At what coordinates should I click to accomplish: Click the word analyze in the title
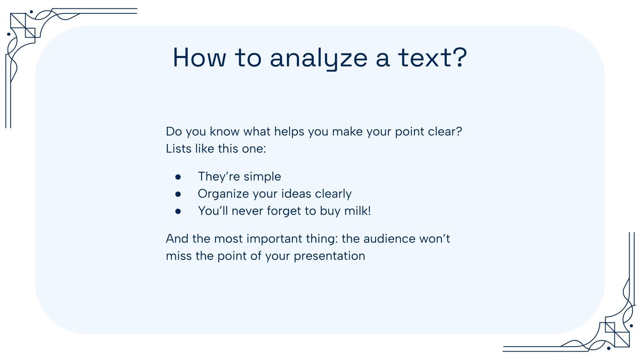tap(318, 58)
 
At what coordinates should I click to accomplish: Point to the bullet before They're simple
tap(178, 176)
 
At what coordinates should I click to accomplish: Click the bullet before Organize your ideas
tap(178, 194)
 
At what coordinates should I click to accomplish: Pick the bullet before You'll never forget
tap(178, 211)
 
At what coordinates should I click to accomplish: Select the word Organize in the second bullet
tap(223, 194)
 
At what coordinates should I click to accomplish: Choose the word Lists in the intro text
tap(179, 149)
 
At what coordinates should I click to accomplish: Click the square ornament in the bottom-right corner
tap(617, 334)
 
